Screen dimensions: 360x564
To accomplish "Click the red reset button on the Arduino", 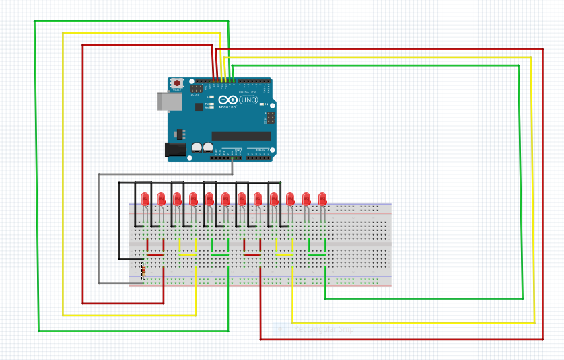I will point(177,83).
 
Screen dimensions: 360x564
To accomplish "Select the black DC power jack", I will point(175,150).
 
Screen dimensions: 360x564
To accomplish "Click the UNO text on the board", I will point(248,100).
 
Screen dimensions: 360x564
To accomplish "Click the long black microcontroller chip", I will point(241,136).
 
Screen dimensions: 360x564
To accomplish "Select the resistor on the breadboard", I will point(143,272).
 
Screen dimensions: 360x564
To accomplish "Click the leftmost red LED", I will point(145,199).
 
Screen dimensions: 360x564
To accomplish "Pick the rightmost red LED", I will point(322,199).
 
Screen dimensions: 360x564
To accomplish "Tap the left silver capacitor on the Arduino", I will point(197,147).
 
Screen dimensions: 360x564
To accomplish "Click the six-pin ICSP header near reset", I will point(197,88).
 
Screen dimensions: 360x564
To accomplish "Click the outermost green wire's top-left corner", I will point(35,22).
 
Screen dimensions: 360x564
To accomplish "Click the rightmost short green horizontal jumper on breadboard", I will point(316,255).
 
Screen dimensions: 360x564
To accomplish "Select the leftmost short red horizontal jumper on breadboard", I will point(155,254).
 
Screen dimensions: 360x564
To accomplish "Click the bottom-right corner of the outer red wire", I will point(542,339).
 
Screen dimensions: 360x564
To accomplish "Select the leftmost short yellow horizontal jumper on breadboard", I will point(188,255).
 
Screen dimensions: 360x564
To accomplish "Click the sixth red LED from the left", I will point(225,199).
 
